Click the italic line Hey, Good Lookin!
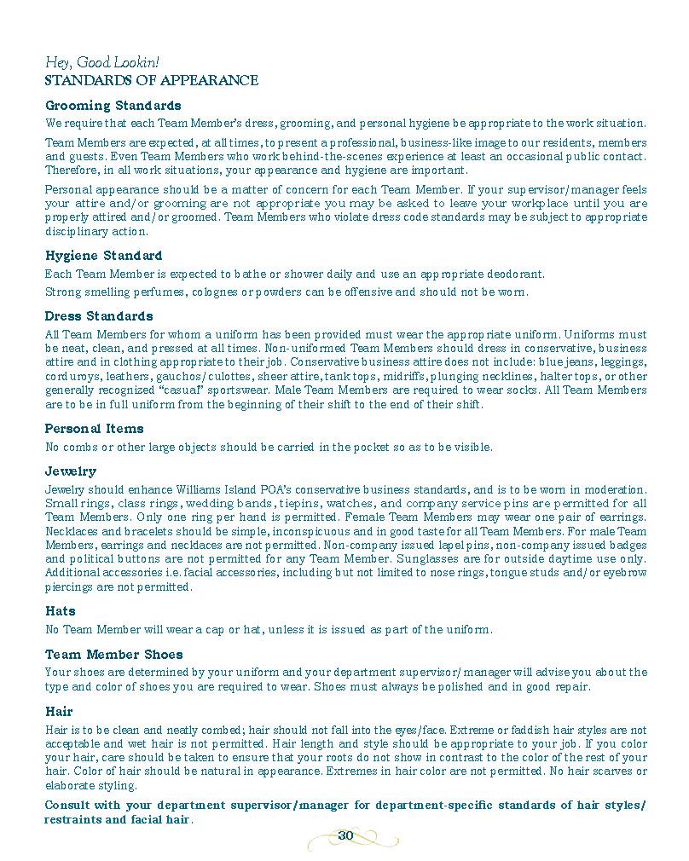click(x=101, y=63)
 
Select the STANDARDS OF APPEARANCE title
click(x=151, y=81)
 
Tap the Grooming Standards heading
click(x=113, y=106)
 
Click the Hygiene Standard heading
click(x=103, y=256)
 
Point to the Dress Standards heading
click(x=99, y=316)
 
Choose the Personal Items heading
click(x=94, y=429)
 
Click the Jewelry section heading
click(x=70, y=471)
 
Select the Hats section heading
click(x=60, y=611)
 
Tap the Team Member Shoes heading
click(x=113, y=655)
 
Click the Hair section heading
click(x=59, y=712)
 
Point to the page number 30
click(x=344, y=835)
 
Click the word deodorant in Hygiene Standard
click(x=513, y=274)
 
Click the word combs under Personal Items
click(x=78, y=447)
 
